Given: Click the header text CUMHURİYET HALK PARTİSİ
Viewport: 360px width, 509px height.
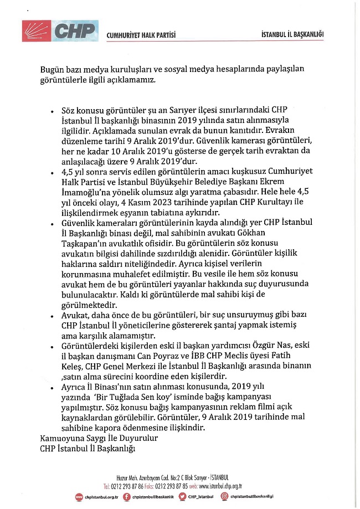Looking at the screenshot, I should pos(141,35).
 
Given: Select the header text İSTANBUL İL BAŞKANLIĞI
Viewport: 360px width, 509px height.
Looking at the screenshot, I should pos(292,35).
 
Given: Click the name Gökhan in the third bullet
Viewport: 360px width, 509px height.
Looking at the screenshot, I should pos(285,234).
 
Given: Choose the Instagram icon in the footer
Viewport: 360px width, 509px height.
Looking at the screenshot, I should pos(225,497).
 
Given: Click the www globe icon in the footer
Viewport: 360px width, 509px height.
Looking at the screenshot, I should pos(78,497).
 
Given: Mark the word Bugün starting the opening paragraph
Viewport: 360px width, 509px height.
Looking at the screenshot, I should pos(53,69).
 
